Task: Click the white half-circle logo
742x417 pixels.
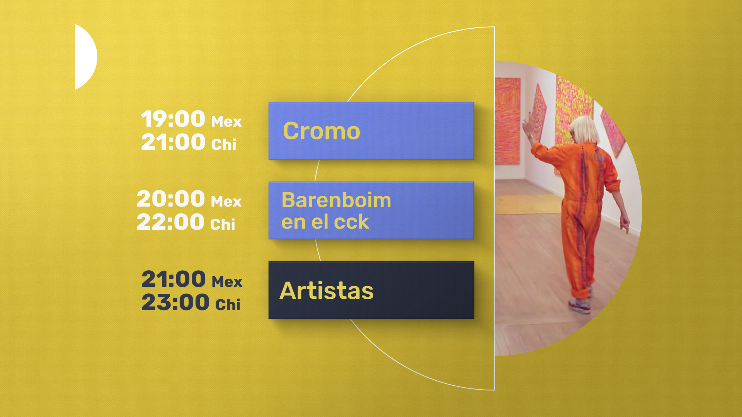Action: tap(85, 57)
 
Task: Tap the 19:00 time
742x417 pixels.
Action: tap(173, 119)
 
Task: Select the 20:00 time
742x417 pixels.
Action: tap(171, 198)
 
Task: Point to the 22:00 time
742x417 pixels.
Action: tap(170, 222)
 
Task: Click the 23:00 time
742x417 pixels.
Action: tap(175, 302)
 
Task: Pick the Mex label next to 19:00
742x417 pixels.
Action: tap(226, 122)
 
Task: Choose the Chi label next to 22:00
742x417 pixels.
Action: tap(223, 224)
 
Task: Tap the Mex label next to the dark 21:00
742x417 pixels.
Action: tap(227, 282)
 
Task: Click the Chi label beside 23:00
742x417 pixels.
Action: tap(228, 304)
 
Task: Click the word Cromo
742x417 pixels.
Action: tap(322, 131)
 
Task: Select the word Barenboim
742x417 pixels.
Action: tap(336, 200)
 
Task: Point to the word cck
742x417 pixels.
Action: tap(351, 222)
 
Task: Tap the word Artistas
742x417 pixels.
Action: tap(327, 290)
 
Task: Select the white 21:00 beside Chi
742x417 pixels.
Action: tap(173, 142)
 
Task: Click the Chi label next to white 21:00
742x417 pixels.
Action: tap(224, 144)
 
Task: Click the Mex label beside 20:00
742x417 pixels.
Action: tap(226, 202)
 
